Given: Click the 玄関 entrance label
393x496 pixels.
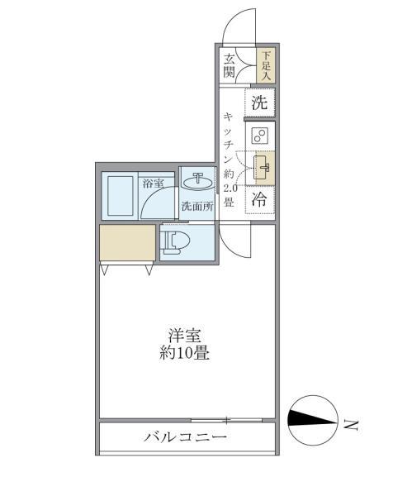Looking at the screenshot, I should point(229,65).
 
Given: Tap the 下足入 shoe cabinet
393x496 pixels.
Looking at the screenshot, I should point(266,65).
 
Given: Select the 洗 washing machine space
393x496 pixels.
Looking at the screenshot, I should point(259,103).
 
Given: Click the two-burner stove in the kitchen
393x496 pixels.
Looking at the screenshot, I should point(259,136).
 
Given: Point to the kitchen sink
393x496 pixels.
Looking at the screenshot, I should point(263,168).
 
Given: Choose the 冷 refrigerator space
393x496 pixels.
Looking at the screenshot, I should point(259,199).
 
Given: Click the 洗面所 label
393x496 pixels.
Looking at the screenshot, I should point(198,207).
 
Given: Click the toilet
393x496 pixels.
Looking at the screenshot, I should point(177,243).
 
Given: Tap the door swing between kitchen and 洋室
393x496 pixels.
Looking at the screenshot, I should point(234,240).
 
